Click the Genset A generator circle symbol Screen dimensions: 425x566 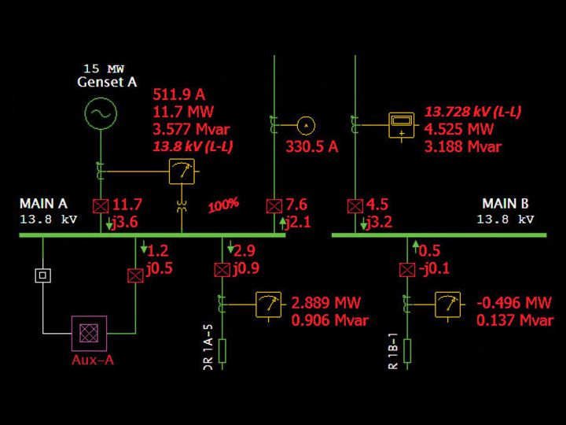(101, 114)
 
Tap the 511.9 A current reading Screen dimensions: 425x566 (183, 95)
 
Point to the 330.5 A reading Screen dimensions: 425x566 (311, 146)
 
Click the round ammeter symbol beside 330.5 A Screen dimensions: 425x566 (305, 124)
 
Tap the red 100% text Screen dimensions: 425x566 (223, 206)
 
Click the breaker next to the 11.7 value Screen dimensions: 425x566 (100, 207)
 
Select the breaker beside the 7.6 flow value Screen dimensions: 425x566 (274, 207)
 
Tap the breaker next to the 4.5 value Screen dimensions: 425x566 (354, 207)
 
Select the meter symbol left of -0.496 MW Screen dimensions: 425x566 (448, 303)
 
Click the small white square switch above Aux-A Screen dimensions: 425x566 (42, 276)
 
